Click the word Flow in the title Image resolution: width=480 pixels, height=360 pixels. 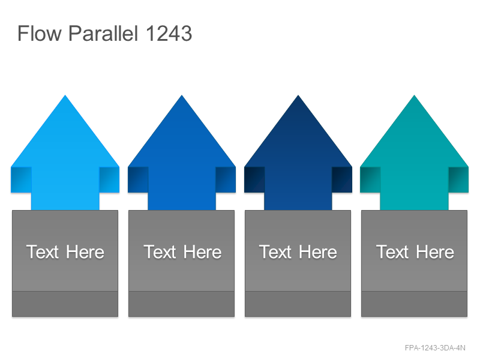(40, 33)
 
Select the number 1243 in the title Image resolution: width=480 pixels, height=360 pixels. (169, 34)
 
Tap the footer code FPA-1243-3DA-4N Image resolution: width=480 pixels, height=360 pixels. (435, 348)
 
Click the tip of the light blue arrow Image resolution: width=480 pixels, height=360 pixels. (65, 95)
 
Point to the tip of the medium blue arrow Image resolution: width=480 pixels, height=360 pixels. (182, 95)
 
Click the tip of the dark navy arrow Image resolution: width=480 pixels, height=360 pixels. (298, 95)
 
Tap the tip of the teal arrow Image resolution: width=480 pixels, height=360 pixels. (415, 95)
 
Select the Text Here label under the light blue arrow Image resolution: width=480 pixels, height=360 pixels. (65, 252)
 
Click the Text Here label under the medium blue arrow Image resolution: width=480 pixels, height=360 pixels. (182, 252)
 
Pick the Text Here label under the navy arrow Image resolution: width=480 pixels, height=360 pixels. (298, 252)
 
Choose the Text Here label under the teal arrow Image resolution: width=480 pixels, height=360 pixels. (415, 252)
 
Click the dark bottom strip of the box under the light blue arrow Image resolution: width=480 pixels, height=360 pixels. (65, 304)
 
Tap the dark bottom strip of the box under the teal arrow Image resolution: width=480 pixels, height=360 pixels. (414, 304)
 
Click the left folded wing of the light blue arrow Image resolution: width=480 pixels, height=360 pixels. (21, 179)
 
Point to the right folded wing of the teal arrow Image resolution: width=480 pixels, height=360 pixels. (458, 179)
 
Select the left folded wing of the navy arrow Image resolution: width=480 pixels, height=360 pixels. (254, 179)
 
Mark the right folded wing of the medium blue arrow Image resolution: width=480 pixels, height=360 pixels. (226, 179)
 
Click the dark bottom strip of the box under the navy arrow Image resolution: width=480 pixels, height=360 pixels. (298, 304)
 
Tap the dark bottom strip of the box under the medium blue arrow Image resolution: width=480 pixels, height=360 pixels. (182, 304)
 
